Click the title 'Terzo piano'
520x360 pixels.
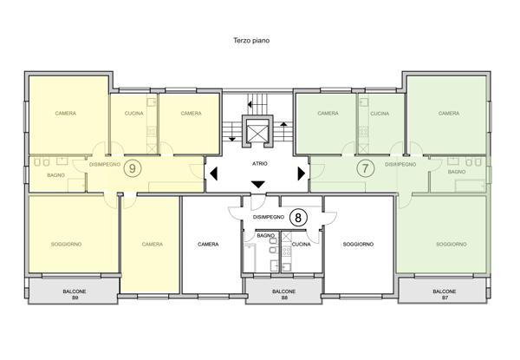tap(251, 41)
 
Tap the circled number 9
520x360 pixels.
tap(133, 168)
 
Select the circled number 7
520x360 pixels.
tap(365, 168)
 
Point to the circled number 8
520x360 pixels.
tap(298, 218)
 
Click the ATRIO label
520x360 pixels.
tap(260, 164)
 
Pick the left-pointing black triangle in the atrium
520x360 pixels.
tap(213, 173)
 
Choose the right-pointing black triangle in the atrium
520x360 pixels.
tap(302, 173)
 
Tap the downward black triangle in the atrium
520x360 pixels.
tap(258, 185)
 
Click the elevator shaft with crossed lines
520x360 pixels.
tap(257, 130)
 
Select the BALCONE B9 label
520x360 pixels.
tap(75, 295)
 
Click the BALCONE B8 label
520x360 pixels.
tap(284, 295)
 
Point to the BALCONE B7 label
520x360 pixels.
tap(445, 295)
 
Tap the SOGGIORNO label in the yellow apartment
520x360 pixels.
tap(67, 245)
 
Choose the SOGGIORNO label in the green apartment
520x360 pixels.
tap(452, 245)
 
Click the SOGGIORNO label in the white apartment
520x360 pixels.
tap(358, 245)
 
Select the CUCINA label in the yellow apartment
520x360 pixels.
tap(134, 114)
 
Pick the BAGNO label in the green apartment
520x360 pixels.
tap(457, 172)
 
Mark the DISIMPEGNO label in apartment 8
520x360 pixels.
tap(269, 217)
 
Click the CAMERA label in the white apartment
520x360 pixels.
tap(208, 245)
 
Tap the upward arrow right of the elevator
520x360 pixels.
tap(283, 131)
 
